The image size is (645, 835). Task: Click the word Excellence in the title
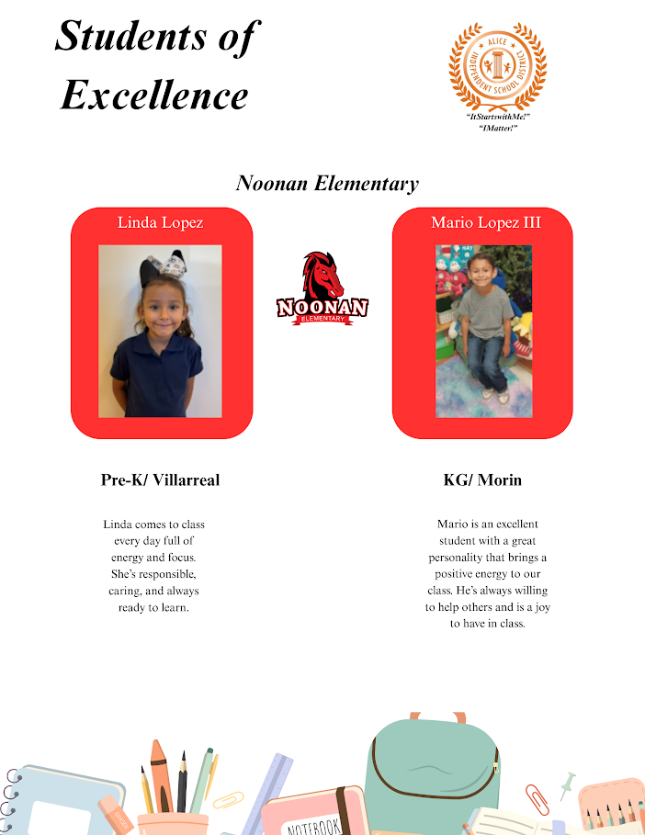[154, 95]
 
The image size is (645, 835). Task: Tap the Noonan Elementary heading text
[327, 183]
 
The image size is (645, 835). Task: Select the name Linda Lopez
[161, 222]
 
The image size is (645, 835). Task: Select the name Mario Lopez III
[486, 222]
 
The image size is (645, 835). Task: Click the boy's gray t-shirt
[485, 313]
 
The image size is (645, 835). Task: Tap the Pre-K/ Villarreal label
[161, 480]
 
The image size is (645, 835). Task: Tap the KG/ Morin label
[482, 480]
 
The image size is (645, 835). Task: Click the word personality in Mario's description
[469, 558]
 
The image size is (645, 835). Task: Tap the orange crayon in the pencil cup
[159, 776]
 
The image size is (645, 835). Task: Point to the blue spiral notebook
[60, 799]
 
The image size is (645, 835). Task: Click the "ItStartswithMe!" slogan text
[498, 118]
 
